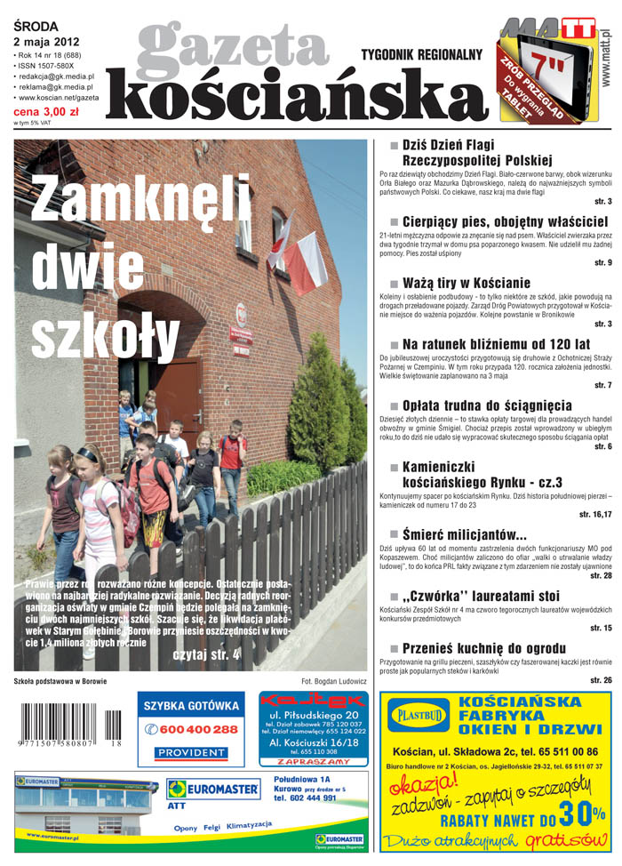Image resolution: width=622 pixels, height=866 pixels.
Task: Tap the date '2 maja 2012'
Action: (46, 42)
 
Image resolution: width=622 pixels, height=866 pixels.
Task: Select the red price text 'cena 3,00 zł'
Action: (45, 113)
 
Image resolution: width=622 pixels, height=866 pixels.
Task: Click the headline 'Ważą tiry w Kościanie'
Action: (466, 283)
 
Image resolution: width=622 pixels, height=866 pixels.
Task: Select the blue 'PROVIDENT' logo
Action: (191, 752)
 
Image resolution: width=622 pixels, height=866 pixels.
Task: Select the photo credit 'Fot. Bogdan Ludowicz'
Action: (333, 681)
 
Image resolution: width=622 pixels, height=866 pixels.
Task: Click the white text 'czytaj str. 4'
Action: (205, 655)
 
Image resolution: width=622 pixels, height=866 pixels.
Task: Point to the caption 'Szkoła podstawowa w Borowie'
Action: (61, 681)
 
